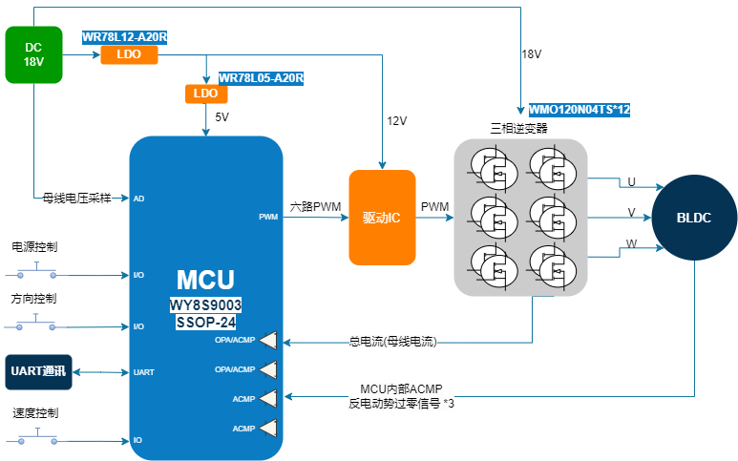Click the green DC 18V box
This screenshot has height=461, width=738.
pos(33,54)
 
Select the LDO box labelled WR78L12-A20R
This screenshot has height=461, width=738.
pos(129,55)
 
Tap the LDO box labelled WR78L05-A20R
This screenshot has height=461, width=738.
pos(205,94)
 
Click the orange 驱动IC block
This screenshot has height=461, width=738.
pos(382,218)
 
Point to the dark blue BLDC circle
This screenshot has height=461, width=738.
pos(695,218)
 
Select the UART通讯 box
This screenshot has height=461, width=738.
pos(38,371)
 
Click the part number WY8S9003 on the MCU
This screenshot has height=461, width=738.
pos(206,305)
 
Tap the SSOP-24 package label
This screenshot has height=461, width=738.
pos(206,323)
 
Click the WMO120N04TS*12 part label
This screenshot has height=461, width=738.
pos(580,110)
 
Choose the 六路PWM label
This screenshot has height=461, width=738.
pos(315,206)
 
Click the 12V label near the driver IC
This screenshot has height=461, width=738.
pos(396,121)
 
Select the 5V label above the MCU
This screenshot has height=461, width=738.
pos(222,117)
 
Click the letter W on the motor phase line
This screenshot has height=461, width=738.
pos(631,245)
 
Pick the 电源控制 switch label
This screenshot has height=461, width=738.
pos(34,247)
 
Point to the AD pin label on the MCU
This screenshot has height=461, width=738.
pos(139,199)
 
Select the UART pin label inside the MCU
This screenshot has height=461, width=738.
pos(143,372)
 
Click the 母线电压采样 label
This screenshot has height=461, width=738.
pos(76,199)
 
